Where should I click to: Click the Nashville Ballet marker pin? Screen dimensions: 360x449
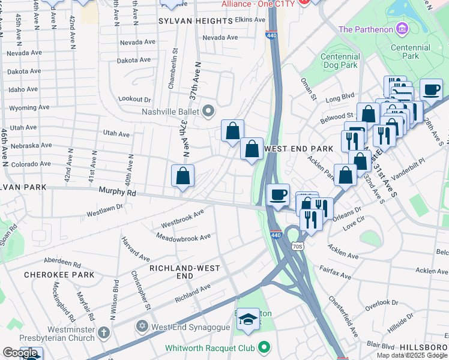click(x=208, y=111)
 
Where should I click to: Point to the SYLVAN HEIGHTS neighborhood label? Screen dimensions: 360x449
click(x=194, y=21)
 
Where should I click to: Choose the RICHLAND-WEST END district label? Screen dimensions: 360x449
click(x=179, y=272)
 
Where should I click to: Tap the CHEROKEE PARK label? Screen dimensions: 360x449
click(x=59, y=275)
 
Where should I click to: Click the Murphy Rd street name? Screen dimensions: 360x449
click(x=117, y=193)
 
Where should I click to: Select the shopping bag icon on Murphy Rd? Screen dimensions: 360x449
click(x=182, y=176)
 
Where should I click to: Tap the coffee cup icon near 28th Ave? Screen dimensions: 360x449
click(x=431, y=90)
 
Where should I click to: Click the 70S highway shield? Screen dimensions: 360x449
click(x=296, y=245)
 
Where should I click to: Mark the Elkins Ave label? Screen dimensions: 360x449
click(x=250, y=20)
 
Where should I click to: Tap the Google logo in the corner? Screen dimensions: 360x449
click(x=20, y=353)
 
